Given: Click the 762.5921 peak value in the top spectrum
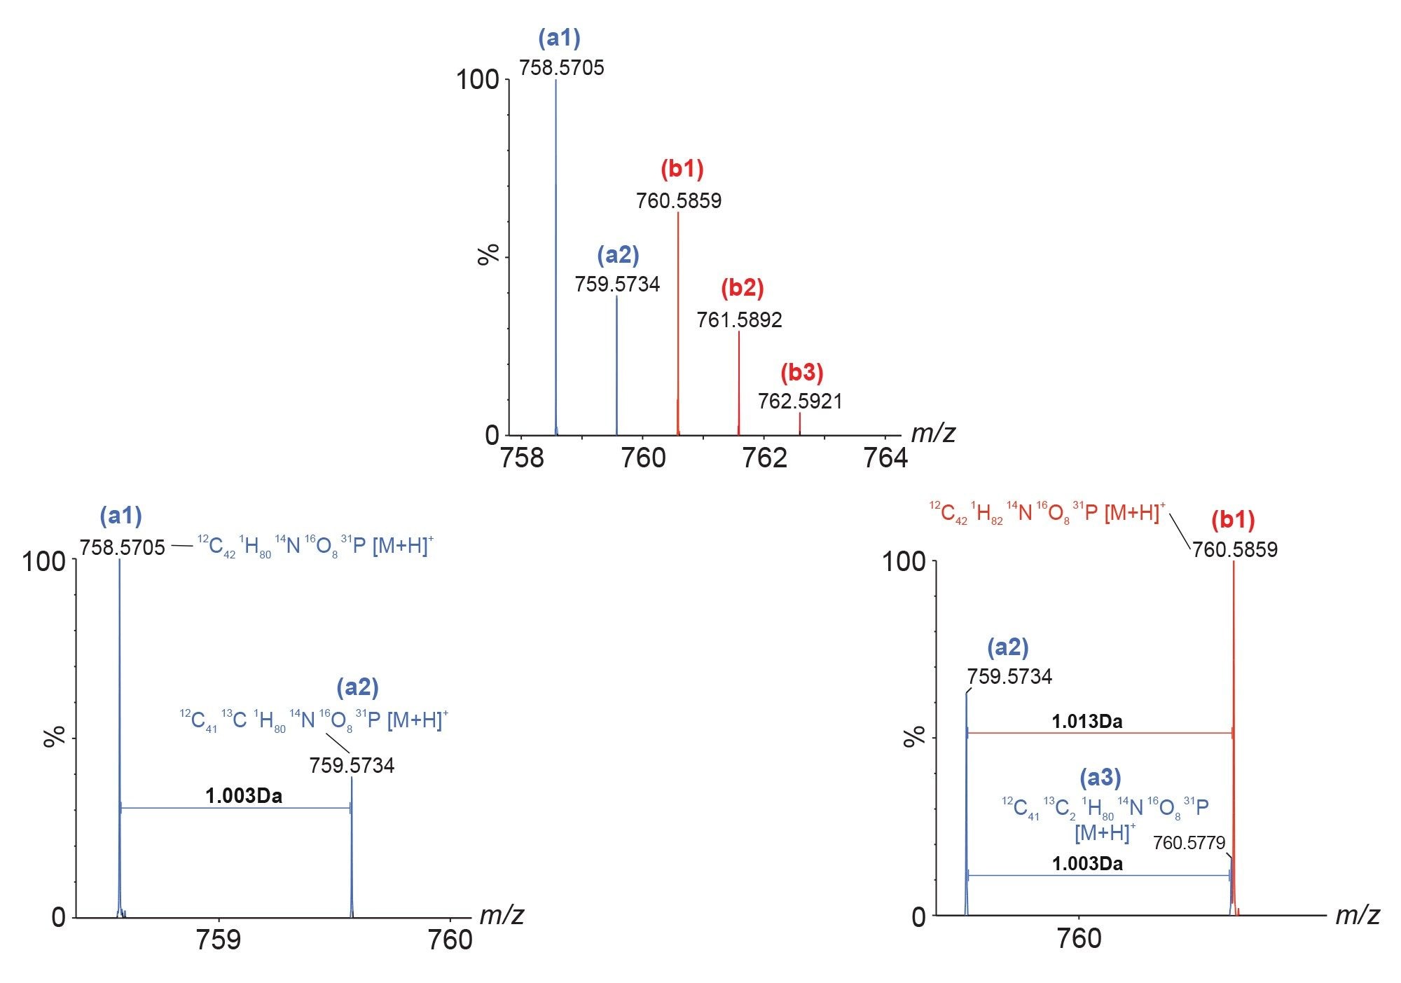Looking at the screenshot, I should (800, 401).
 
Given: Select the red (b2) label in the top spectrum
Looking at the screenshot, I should (742, 288).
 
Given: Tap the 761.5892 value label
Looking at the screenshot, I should (739, 320).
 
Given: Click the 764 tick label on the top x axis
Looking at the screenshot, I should (885, 458).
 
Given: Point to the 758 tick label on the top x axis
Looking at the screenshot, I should (522, 458).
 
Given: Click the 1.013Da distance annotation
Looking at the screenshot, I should (1086, 722).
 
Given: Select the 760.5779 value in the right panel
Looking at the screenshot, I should (1189, 843).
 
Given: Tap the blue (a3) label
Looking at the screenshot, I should (1100, 777).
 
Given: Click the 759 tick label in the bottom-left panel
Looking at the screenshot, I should (219, 940).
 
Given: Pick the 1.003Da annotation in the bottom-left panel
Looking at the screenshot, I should (244, 796).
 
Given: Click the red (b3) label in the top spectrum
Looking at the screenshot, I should (801, 372).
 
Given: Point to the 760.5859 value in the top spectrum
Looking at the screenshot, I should (678, 201).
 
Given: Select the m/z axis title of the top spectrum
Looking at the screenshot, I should (933, 434).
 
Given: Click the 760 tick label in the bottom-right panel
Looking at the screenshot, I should (1079, 938).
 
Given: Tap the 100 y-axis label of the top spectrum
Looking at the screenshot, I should (478, 80).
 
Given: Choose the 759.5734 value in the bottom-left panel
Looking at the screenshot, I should (352, 766).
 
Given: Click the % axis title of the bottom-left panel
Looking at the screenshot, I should (54, 736).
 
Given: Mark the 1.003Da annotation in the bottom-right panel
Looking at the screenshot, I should (1086, 864).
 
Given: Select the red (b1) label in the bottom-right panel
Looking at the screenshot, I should (1233, 520).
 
